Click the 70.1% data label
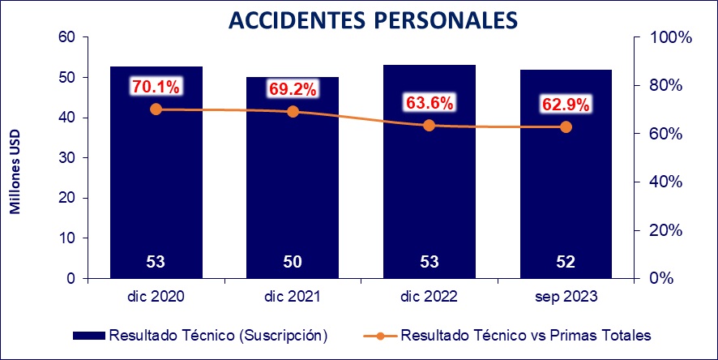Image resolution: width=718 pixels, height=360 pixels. coord(156,86)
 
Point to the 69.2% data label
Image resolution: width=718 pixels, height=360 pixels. coord(293,88)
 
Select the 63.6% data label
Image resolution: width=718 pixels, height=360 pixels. coord(430,103)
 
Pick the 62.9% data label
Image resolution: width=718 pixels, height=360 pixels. coord(566,105)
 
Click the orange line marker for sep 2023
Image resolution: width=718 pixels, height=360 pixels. coord(566,126)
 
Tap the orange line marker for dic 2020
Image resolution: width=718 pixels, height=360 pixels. coord(156,109)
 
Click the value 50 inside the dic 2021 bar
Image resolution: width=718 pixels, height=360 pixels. coord(293,262)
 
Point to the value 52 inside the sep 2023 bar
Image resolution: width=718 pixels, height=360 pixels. coord(566,262)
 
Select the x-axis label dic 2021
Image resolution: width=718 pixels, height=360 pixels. coord(293,298)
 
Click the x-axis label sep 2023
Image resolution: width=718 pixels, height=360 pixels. coord(566,298)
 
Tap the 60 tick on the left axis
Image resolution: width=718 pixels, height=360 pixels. coord(66,37)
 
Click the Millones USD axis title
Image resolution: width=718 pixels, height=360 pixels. coord(15,171)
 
